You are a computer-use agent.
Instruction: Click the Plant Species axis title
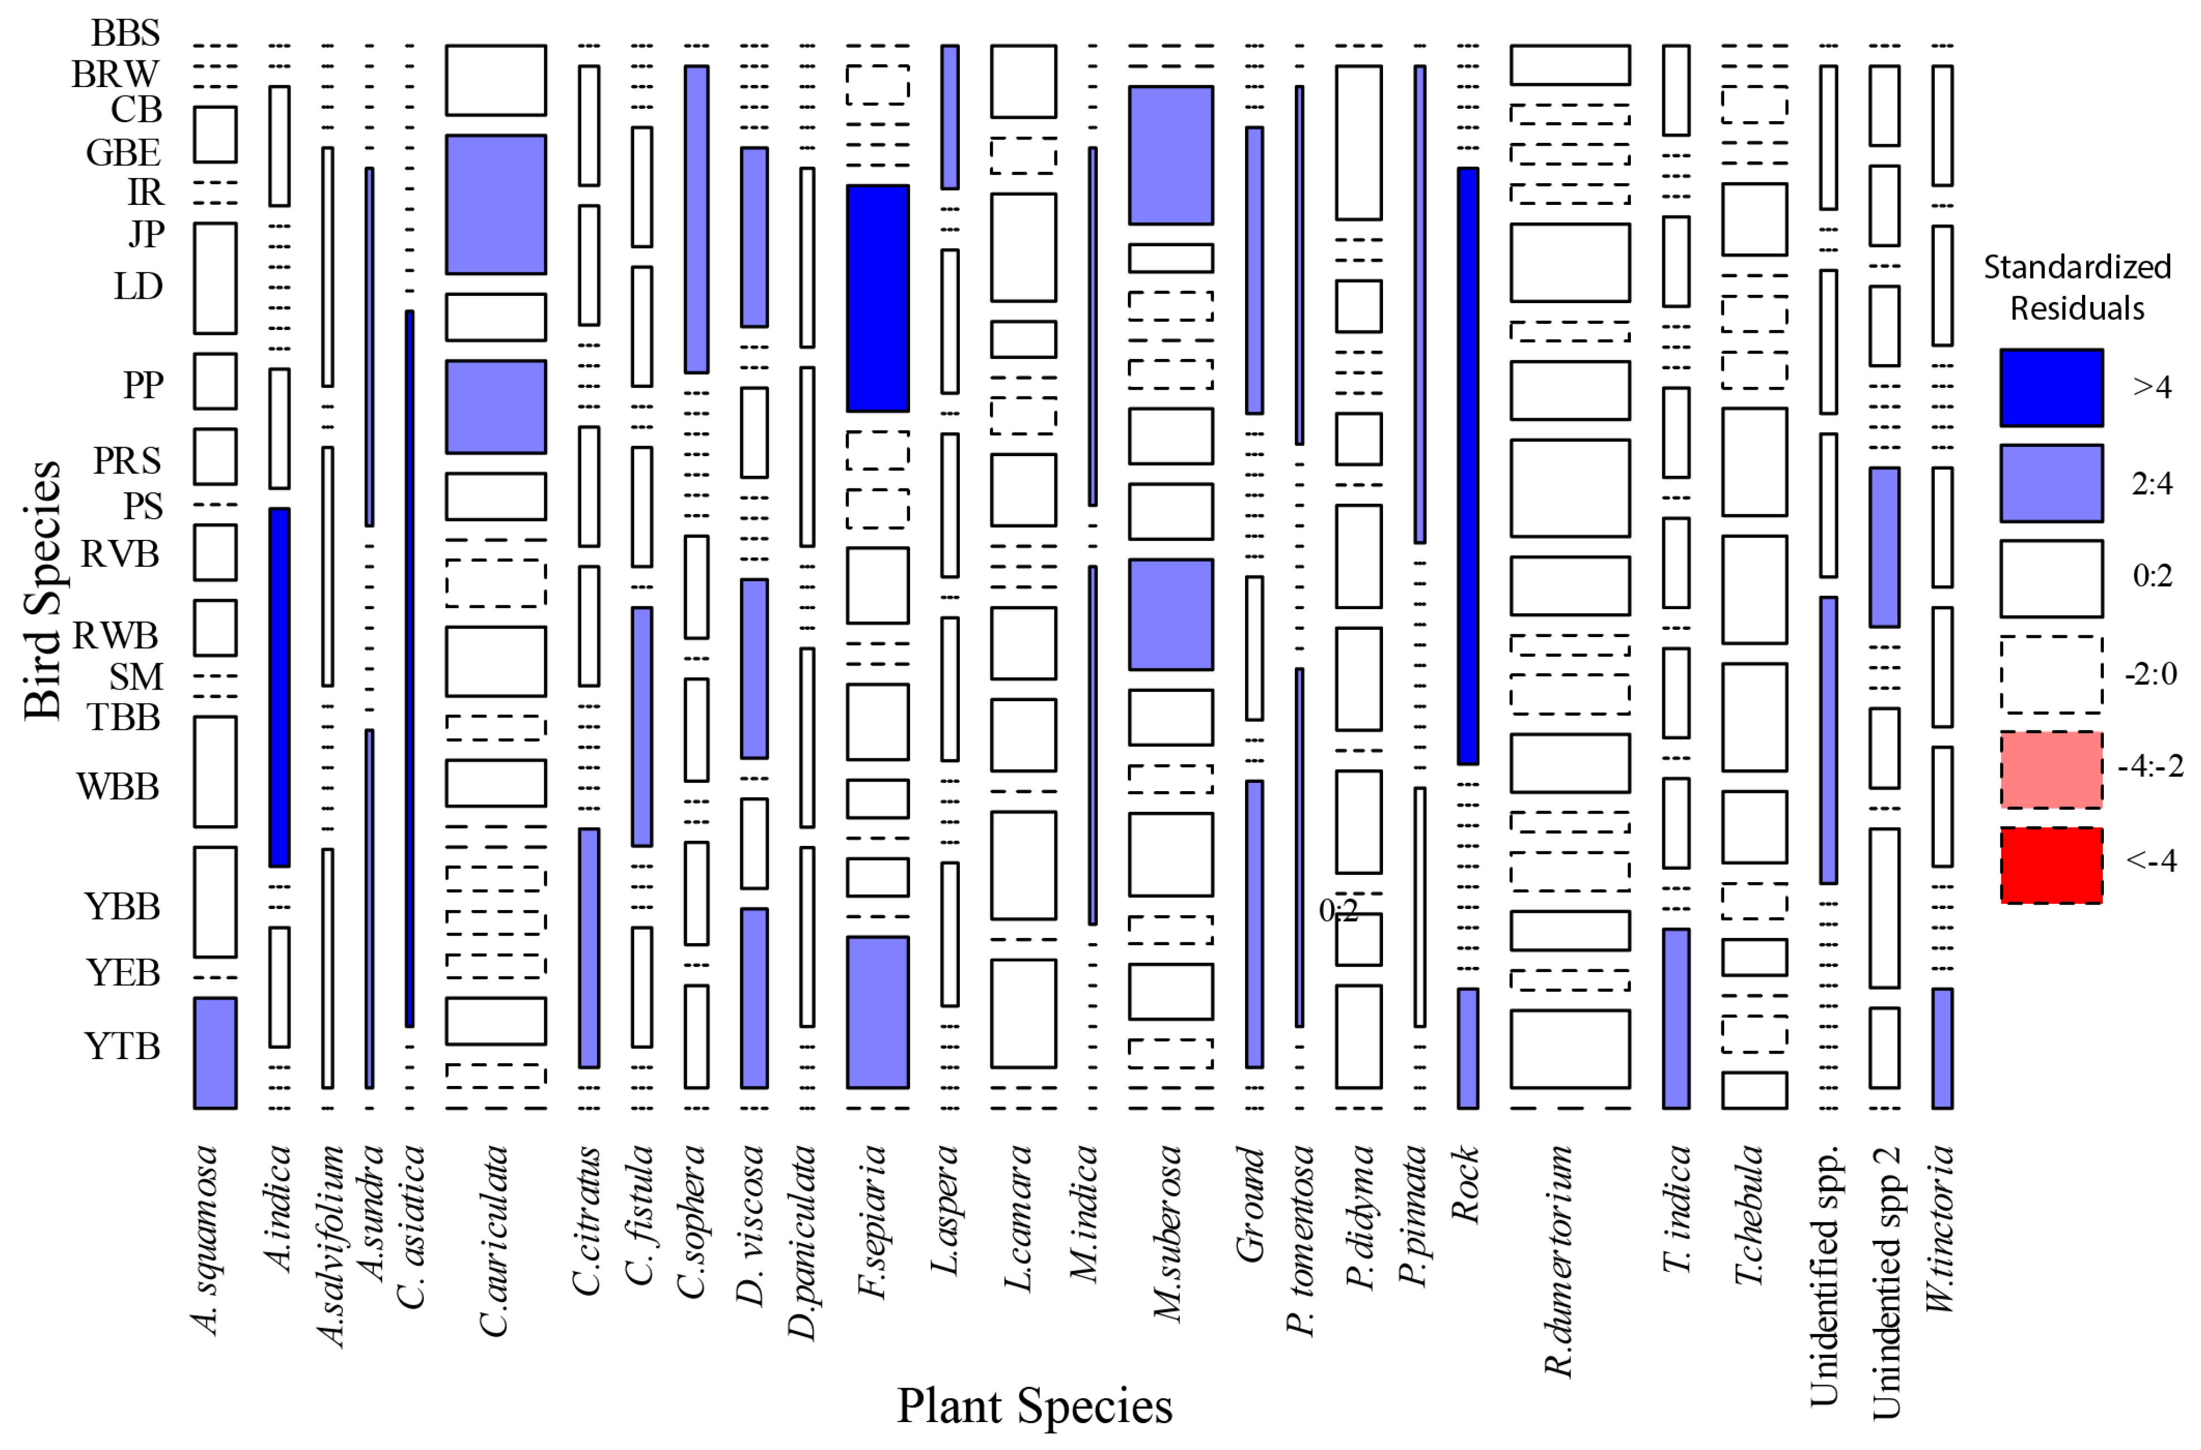[1034, 1406]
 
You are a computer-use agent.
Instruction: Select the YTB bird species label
[122, 1046]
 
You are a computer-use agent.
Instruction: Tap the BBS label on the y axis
[125, 34]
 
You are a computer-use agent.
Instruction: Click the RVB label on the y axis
[120, 554]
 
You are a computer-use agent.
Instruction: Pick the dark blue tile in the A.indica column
[279, 687]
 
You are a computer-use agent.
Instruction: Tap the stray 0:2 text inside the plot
[1338, 911]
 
